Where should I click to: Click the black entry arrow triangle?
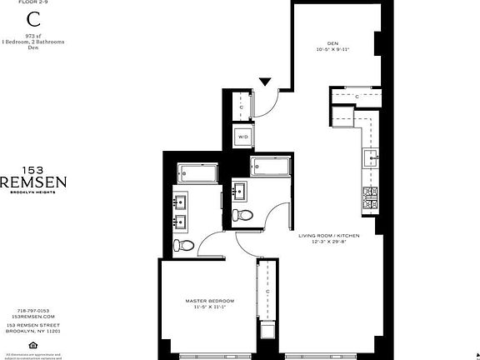coord(265,82)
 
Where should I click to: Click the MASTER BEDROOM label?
coord(209,300)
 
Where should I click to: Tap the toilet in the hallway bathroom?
coord(244,215)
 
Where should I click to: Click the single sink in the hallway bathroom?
coord(238,191)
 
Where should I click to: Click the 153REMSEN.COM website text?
coord(33,317)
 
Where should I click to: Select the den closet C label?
coord(357,97)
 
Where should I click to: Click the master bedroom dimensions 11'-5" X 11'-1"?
coord(209,307)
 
